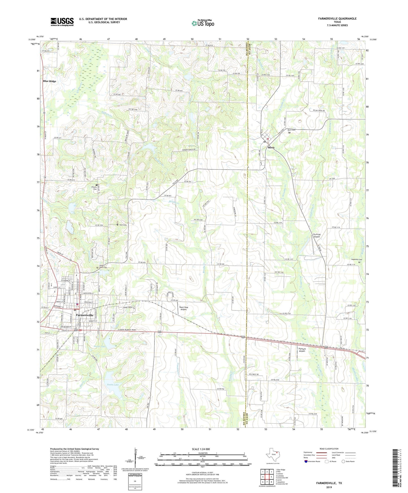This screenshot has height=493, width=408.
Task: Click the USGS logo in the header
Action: [x=62, y=22]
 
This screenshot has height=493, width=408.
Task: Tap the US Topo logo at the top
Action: [x=203, y=23]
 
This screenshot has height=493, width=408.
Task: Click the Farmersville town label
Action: [x=84, y=315]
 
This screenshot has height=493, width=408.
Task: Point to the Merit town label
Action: [x=271, y=148]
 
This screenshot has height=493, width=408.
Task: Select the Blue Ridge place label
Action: [x=49, y=81]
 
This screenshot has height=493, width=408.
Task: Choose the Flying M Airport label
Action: [x=302, y=350]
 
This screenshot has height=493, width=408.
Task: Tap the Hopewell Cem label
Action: [x=356, y=259]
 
